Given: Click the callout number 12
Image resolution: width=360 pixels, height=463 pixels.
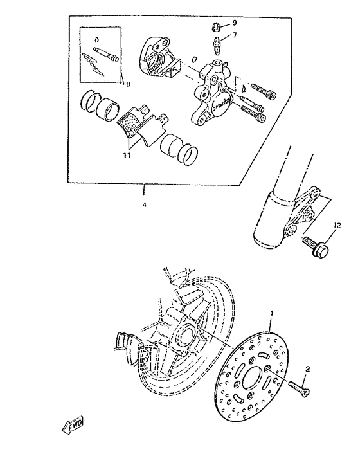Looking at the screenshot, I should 337,225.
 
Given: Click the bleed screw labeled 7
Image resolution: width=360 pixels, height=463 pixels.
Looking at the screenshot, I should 219,44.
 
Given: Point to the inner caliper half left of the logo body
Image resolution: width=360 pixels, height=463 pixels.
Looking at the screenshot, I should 157,60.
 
